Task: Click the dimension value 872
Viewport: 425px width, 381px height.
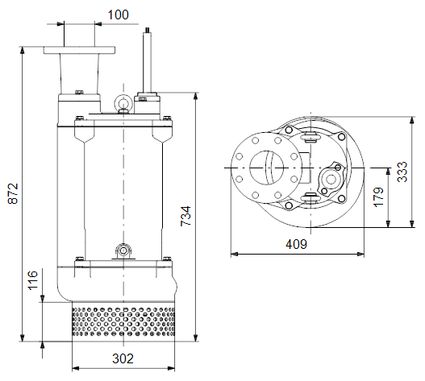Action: pos(13,193)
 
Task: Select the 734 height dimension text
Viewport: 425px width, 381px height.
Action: pos(186,216)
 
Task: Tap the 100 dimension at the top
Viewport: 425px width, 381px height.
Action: pos(119,14)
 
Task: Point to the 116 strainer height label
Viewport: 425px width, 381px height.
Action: pos(33,280)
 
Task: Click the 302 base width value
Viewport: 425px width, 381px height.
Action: pos(123,358)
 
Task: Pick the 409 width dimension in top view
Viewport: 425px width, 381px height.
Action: pos(296,244)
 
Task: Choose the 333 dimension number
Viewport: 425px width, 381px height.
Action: pos(402,172)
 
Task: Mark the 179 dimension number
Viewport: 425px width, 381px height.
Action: pos(379,197)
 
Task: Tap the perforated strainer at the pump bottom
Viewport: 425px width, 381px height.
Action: pos(123,321)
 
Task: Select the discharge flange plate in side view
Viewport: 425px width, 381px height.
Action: pos(79,50)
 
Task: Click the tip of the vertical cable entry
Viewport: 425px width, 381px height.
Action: pos(148,28)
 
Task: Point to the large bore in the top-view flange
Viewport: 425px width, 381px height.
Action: pos(266,168)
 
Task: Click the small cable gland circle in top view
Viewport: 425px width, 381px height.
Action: pos(331,179)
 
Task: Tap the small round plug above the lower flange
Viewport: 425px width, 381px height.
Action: pos(123,251)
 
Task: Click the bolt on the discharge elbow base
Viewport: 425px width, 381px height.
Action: pos(79,93)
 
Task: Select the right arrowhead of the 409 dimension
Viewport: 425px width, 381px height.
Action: pos(360,254)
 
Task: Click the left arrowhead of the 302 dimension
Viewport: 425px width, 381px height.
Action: pos(76,368)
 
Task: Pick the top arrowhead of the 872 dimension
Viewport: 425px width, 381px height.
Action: pos(23,50)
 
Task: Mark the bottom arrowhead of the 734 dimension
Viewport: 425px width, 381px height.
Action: pos(196,338)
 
